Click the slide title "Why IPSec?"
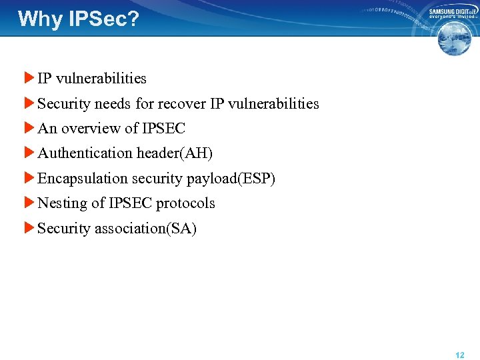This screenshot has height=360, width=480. click(79, 19)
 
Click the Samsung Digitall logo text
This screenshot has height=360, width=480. click(453, 12)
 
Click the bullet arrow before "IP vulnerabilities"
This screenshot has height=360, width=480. click(29, 78)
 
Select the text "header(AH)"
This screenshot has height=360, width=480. click(175, 153)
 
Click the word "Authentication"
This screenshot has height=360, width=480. click(85, 153)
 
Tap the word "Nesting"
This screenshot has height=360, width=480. click(63, 203)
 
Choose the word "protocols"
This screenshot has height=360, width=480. click(185, 203)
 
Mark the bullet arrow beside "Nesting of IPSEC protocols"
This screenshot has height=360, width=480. click(29, 203)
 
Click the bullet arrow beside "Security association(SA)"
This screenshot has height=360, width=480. click(29, 228)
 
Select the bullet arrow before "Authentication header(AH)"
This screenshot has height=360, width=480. click(29, 153)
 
